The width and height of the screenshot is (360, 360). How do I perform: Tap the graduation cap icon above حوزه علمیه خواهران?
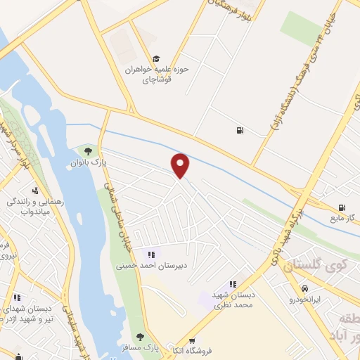click(x=156, y=59)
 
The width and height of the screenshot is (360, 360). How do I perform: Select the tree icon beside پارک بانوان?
click(x=88, y=150)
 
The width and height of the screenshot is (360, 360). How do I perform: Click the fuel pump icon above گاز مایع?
click(x=341, y=207)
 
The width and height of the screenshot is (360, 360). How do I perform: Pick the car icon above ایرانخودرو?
click(x=304, y=288)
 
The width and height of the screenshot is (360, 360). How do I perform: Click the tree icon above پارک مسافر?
click(x=140, y=337)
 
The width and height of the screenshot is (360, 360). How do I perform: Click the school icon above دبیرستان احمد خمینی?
click(x=150, y=255)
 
